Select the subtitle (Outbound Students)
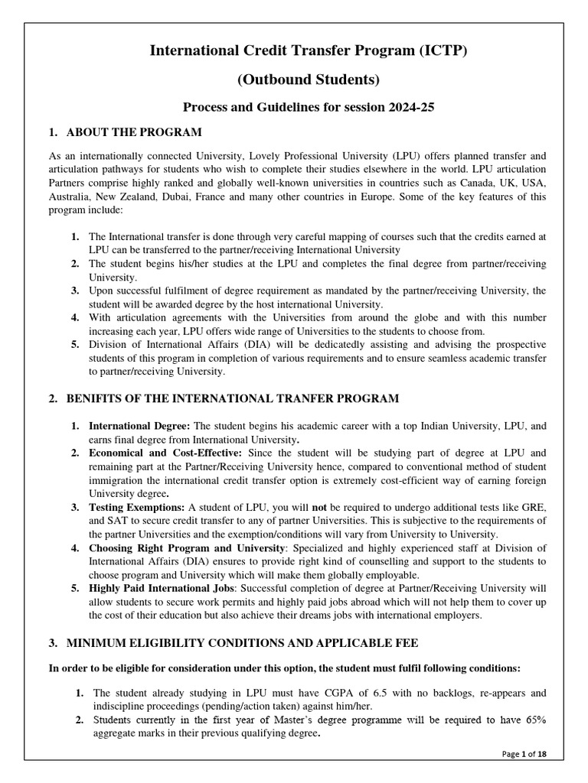click(295, 80)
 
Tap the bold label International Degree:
click(140, 425)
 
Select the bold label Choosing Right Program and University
click(184, 549)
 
